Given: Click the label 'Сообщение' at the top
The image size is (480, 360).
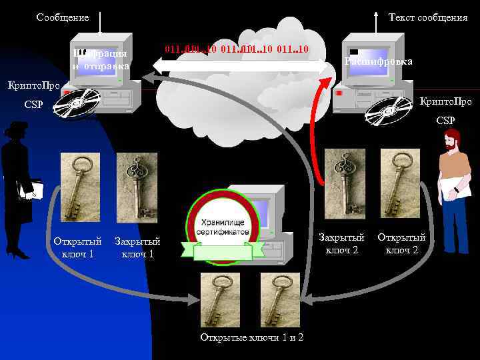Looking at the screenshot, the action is (63, 17).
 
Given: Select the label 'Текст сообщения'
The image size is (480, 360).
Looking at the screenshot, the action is (427, 17).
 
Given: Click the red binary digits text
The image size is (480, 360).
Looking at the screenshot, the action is (236, 49).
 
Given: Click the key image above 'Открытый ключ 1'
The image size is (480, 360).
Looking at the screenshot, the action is (80, 187).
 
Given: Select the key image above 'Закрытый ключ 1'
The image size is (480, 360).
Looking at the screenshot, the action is (137, 187).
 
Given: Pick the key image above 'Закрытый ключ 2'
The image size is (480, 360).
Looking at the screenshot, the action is (345, 183).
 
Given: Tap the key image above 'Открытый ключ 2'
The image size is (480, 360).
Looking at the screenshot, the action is (400, 183).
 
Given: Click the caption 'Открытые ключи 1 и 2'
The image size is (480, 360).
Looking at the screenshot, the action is (252, 337).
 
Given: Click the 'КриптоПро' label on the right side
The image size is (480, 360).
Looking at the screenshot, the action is (445, 102).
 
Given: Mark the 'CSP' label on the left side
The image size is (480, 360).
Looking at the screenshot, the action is (33, 105).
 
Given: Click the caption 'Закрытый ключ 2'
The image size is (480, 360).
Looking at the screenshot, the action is (342, 243).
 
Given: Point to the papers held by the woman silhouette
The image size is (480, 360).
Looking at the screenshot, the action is (31, 191).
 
